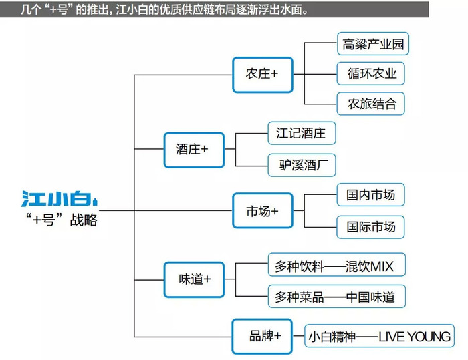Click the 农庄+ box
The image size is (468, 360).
click(x=262, y=73)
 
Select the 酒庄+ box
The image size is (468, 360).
click(x=195, y=149)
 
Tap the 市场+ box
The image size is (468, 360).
click(x=262, y=211)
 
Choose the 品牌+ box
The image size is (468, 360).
click(x=262, y=335)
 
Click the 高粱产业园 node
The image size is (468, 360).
click(x=371, y=44)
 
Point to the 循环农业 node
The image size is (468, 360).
click(x=371, y=73)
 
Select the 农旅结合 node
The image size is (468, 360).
click(x=371, y=103)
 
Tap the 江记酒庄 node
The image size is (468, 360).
click(x=301, y=133)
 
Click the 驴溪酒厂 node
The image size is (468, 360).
click(x=301, y=164)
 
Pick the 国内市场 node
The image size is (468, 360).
click(x=370, y=195)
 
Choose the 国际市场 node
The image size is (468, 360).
click(x=370, y=226)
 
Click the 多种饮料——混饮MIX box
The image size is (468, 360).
click(x=335, y=266)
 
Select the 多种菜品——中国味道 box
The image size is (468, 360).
click(x=335, y=296)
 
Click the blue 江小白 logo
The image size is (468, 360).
click(x=60, y=198)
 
